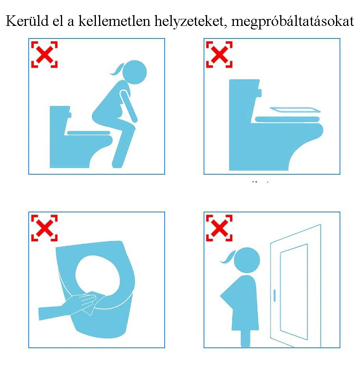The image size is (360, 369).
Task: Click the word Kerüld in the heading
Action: (x=27, y=21)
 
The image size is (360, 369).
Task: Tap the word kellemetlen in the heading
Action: (x=114, y=21)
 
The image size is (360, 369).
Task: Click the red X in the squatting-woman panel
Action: (x=44, y=55)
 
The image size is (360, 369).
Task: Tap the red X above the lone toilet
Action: (x=219, y=55)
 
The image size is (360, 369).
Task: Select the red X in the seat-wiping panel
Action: (x=44, y=228)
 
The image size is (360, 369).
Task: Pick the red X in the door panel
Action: (x=219, y=228)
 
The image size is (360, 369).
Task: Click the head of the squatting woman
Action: (x=135, y=72)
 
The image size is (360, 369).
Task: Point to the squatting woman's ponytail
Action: (x=117, y=69)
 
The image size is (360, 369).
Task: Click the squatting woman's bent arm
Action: (x=128, y=106)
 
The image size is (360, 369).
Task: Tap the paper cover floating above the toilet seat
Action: (x=295, y=110)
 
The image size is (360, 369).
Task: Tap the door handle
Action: (x=274, y=296)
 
